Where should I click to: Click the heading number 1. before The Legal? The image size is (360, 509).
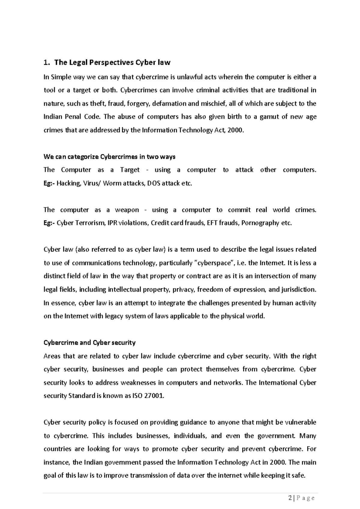click(46, 63)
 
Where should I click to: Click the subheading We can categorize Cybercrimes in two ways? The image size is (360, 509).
click(109, 157)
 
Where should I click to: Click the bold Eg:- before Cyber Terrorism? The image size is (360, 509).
click(49, 223)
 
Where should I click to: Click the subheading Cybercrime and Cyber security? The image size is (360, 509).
click(90, 343)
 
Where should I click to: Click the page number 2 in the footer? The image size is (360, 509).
click(289, 498)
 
